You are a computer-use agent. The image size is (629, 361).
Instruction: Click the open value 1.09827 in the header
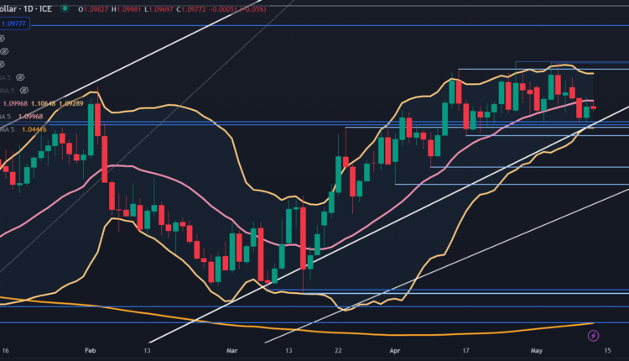pos(96,9)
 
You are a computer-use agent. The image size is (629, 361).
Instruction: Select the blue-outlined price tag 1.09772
pos(17,24)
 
